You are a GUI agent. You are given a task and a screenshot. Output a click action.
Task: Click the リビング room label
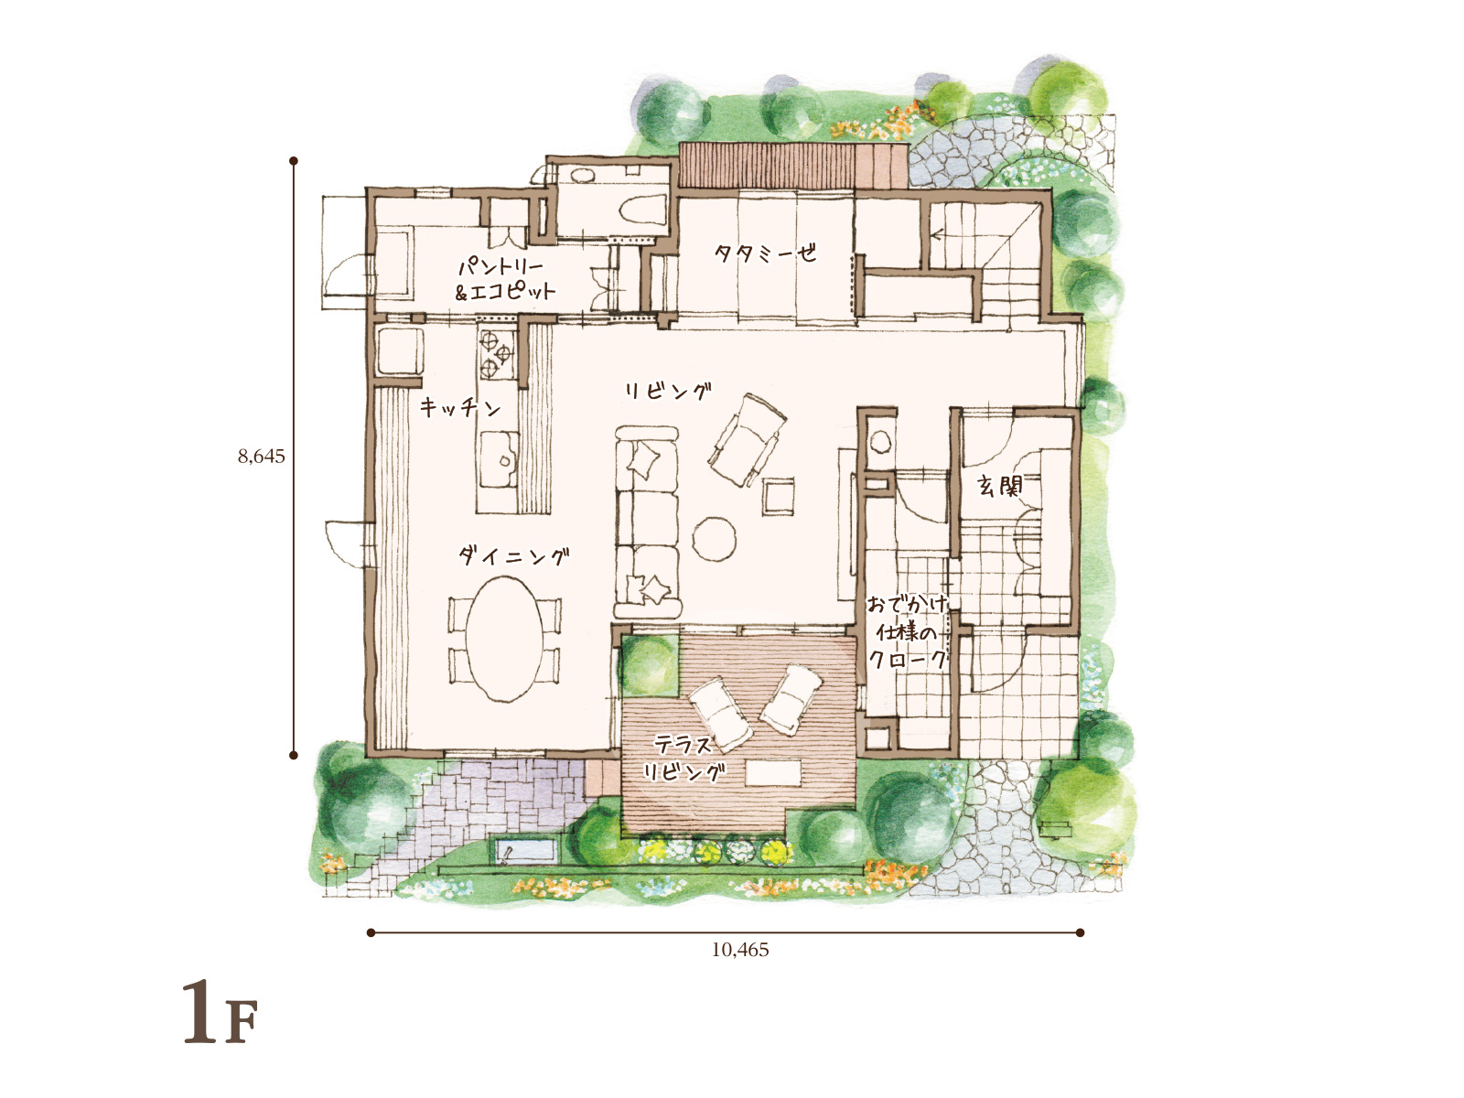pyautogui.click(x=668, y=392)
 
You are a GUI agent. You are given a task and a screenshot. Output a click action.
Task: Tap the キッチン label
pyautogui.click(x=460, y=406)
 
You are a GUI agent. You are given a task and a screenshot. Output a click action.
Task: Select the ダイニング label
pyautogui.click(x=514, y=555)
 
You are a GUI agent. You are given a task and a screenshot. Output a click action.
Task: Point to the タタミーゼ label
pyautogui.click(x=765, y=253)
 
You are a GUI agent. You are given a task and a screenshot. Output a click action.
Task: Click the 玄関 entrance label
pyautogui.click(x=999, y=485)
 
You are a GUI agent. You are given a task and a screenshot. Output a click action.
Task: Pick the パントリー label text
pyautogui.click(x=501, y=266)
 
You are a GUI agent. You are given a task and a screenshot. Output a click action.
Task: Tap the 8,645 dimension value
pyautogui.click(x=262, y=456)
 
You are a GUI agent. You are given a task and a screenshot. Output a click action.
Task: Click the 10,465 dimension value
pyautogui.click(x=740, y=950)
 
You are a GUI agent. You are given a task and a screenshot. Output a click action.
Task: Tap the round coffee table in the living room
pyautogui.click(x=715, y=539)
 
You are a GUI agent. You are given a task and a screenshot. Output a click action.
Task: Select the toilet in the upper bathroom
pyautogui.click(x=641, y=210)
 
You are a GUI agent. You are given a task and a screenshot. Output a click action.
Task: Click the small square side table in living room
pyautogui.click(x=779, y=496)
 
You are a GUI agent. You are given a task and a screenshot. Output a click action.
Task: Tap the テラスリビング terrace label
pyautogui.click(x=683, y=758)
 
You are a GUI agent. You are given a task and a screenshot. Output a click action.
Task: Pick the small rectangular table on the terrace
pyautogui.click(x=773, y=773)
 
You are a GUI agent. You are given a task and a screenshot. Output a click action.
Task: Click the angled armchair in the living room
pyautogui.click(x=747, y=439)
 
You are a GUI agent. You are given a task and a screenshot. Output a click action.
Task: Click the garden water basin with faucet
pyautogui.click(x=525, y=851)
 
